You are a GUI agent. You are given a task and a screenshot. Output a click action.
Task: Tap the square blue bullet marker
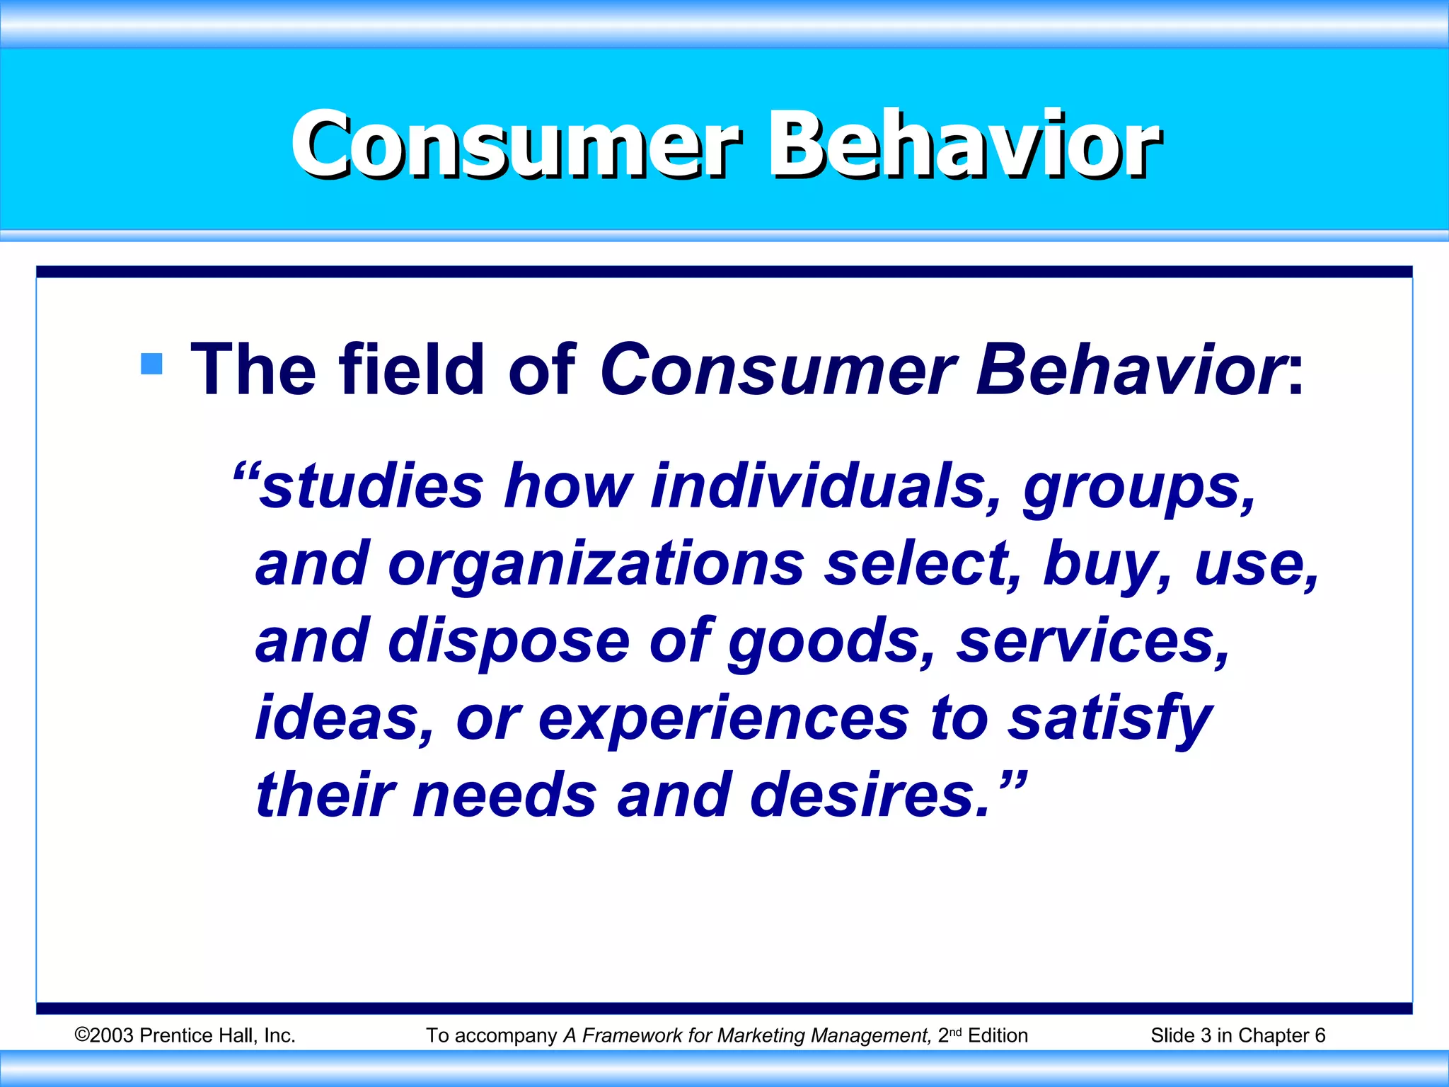[x=151, y=364]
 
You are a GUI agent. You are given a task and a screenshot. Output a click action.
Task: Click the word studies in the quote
[x=371, y=486]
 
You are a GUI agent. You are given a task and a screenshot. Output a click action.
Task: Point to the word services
[x=1092, y=641]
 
